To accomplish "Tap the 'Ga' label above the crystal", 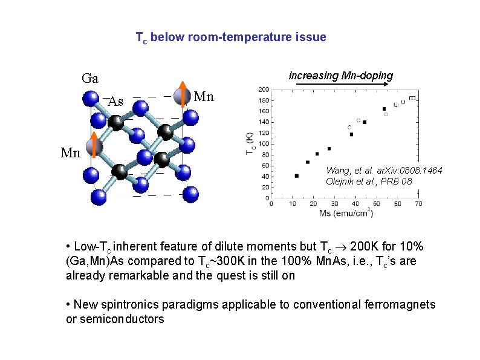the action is pos(90,79).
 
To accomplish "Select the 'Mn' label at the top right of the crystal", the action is pos(204,97).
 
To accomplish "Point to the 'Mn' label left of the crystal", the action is pos(71,153).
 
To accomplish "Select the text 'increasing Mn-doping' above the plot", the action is pos(341,76).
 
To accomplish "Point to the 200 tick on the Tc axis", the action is pos(264,90).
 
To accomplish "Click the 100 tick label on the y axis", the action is pos(264,143).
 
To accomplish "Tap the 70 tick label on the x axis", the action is pos(418,204).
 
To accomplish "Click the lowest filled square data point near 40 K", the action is pos(296,176).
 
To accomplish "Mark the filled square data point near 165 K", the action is pos(384,110).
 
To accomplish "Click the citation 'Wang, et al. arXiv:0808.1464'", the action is pos(384,171).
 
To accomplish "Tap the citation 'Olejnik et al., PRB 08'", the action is pos(369,181).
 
